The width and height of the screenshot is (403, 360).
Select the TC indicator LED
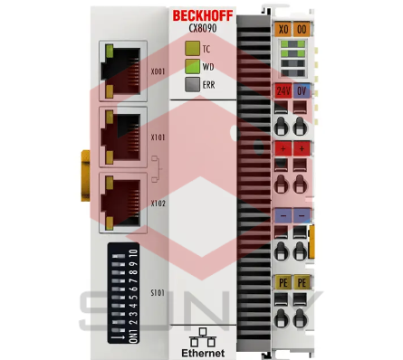(x=191, y=48)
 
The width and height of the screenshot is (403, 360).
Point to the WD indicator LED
(x=191, y=65)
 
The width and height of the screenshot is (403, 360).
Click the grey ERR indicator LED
(x=191, y=83)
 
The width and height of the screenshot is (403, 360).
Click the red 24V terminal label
(x=283, y=90)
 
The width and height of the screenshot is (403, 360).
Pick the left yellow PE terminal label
(x=283, y=282)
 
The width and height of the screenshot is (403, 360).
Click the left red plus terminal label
(x=283, y=147)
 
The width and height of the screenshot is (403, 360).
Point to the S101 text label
(x=158, y=292)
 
